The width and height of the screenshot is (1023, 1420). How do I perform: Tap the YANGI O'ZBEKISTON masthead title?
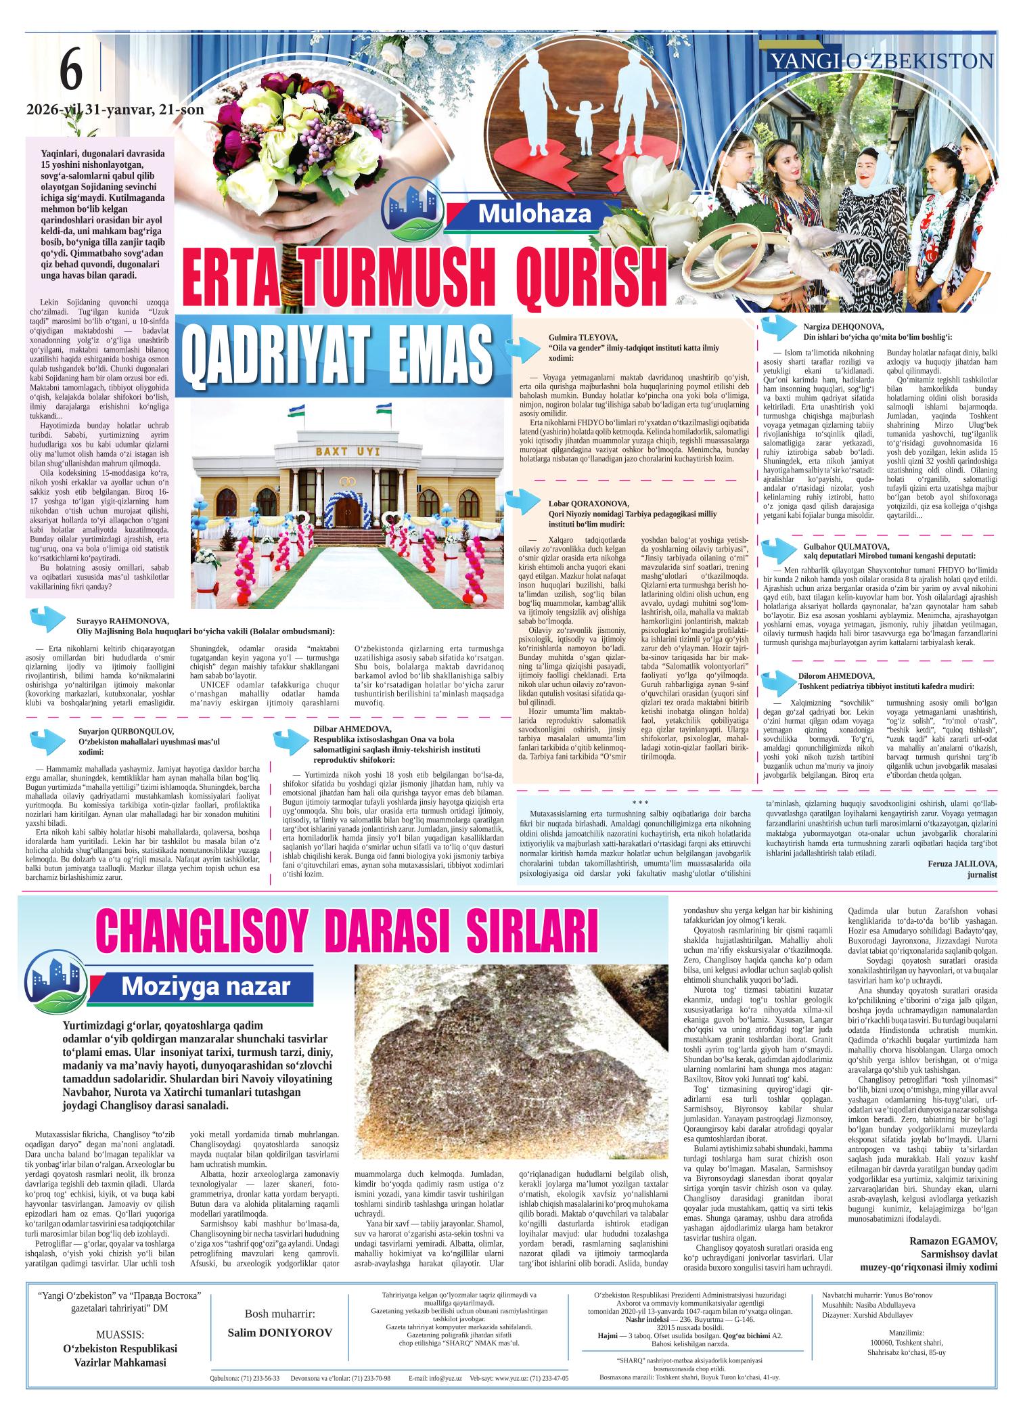882,62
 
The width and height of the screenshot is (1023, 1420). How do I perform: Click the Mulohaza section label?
535,214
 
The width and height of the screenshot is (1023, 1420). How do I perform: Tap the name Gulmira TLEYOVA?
583,337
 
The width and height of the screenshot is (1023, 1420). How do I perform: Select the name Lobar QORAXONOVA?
588,503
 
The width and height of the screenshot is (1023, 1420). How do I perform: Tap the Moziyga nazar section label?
205,988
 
